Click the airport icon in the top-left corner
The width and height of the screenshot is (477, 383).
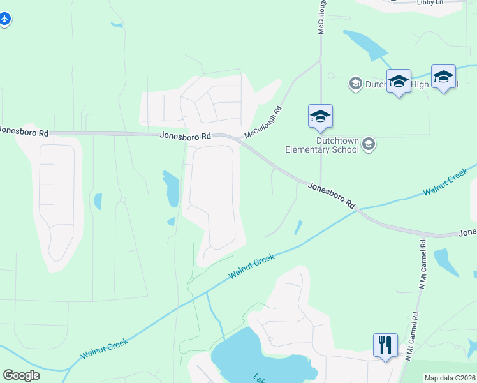tap(5, 19)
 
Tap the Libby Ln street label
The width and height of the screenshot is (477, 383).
tap(430, 3)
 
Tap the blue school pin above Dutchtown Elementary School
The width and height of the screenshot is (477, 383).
tap(320, 116)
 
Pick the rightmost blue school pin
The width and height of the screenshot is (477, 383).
tap(443, 77)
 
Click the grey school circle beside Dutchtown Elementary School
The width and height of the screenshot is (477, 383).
tap(368, 146)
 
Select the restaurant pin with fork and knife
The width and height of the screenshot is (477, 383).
tap(385, 345)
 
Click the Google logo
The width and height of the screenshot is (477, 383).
tap(21, 375)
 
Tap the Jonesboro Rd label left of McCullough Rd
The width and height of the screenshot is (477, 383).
tap(186, 136)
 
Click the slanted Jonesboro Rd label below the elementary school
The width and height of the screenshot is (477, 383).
tap(331, 195)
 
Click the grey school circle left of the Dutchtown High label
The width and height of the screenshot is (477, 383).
tap(355, 83)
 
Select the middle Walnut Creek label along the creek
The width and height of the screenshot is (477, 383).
tap(252, 266)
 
